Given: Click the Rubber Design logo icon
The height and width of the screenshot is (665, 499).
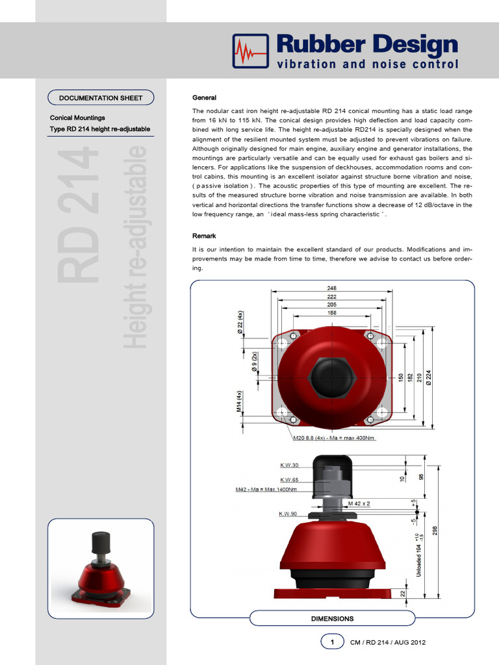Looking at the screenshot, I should [250, 51].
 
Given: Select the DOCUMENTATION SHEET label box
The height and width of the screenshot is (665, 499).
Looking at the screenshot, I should [101, 98].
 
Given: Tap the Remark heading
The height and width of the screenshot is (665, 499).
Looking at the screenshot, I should [204, 236].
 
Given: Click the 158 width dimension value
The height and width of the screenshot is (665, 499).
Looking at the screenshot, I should [332, 313].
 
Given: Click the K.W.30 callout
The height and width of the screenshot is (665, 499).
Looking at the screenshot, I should [289, 465].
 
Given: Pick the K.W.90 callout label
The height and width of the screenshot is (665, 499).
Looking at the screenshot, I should [288, 514].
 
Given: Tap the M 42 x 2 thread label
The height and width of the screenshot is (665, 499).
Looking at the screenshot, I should [359, 503].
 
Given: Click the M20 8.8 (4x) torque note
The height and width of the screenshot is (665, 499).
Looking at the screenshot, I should [334, 438].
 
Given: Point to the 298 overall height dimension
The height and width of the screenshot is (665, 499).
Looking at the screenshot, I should [435, 531].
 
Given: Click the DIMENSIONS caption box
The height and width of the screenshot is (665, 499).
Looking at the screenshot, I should [332, 619].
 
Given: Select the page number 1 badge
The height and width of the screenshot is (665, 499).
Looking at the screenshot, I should [332, 642].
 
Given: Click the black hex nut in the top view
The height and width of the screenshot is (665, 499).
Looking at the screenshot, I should [331, 377].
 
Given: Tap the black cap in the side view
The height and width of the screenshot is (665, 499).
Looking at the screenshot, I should [332, 469].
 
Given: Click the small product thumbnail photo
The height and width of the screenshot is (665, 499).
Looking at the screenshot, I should [101, 568].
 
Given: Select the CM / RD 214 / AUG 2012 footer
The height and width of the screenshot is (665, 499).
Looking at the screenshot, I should [388, 642].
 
